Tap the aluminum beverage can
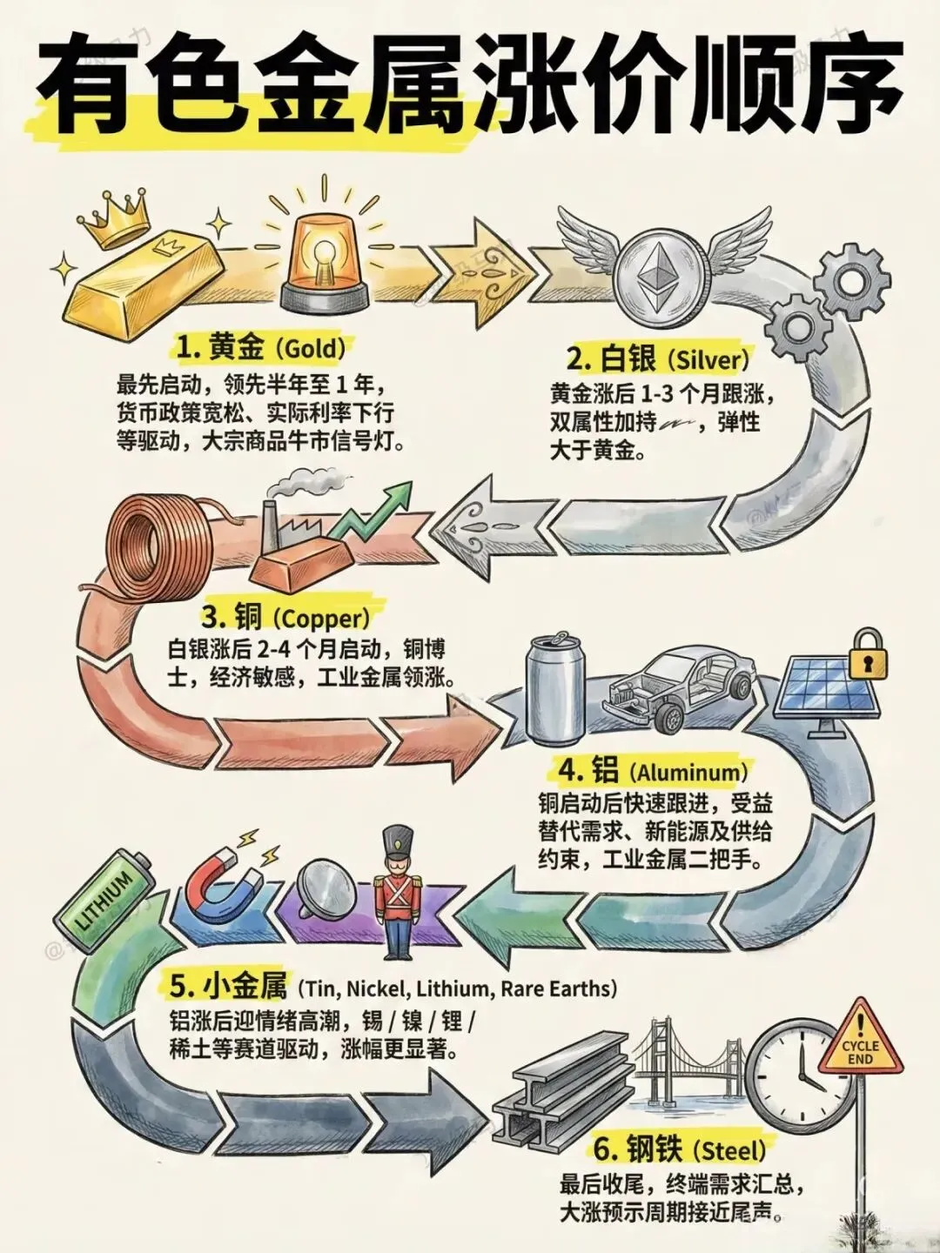click(554, 687)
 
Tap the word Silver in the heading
click(708, 358)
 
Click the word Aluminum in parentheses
click(688, 772)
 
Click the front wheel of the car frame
click(668, 719)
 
